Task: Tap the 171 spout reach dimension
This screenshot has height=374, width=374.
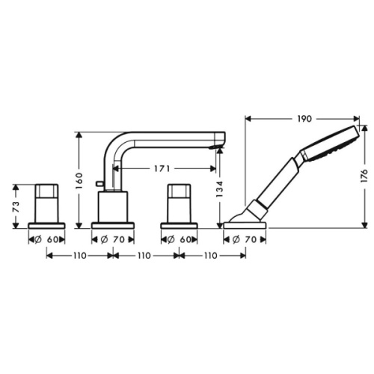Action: [x=163, y=169]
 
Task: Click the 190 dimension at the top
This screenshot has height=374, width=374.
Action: [x=303, y=118]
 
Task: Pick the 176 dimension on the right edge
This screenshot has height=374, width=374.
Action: [x=364, y=176]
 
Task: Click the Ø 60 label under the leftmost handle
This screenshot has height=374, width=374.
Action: [x=47, y=239]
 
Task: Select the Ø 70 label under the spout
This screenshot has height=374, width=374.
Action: [x=112, y=239]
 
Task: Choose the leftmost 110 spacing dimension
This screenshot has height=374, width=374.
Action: [x=79, y=255]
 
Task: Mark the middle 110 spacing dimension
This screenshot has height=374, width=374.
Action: [x=144, y=255]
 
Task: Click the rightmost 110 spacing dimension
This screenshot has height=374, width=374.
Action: [x=212, y=255]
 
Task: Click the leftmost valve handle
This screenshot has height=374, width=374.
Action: [x=46, y=202]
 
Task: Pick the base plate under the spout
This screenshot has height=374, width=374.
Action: [x=112, y=224]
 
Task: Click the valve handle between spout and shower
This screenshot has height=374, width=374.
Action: [x=180, y=202]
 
